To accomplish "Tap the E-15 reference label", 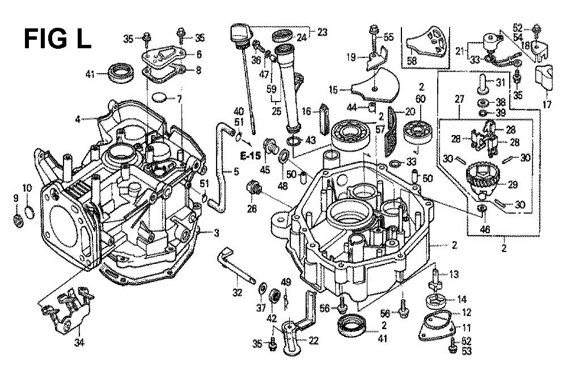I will (x=249, y=155).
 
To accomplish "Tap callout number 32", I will (x=237, y=293).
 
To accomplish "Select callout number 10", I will (x=28, y=188).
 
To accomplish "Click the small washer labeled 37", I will (x=262, y=291).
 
